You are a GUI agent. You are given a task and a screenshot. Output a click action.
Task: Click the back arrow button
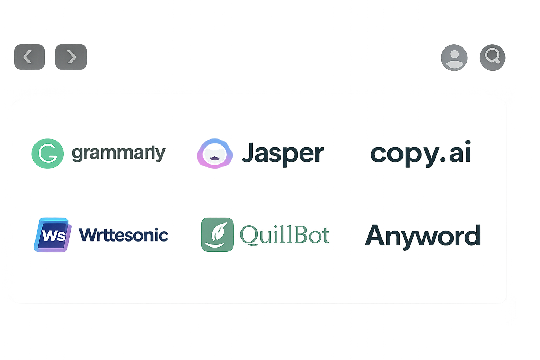[x=29, y=57]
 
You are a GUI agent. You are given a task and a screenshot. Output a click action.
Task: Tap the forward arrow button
[x=71, y=57]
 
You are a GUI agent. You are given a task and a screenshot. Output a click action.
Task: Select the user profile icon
[x=454, y=57]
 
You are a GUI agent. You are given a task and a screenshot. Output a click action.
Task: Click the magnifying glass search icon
[x=492, y=57]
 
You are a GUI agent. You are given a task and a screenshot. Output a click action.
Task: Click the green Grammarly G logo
[x=47, y=154]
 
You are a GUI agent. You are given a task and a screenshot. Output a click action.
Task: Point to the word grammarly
[x=118, y=153]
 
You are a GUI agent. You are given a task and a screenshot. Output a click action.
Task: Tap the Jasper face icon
[x=215, y=153]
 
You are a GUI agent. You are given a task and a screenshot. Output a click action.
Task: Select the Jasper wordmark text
[x=283, y=153]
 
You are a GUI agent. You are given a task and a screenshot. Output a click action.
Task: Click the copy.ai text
[x=420, y=153]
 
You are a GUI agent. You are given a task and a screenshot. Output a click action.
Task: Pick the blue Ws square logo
[x=53, y=235]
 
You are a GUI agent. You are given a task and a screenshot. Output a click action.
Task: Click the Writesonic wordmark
[x=123, y=235]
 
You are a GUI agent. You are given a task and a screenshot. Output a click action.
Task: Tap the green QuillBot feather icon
[x=217, y=234]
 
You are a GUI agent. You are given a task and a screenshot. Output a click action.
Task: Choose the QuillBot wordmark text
[x=284, y=234]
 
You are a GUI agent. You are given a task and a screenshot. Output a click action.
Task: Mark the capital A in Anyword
[x=375, y=235]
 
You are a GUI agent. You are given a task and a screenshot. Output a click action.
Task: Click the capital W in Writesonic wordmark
[x=88, y=235]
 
